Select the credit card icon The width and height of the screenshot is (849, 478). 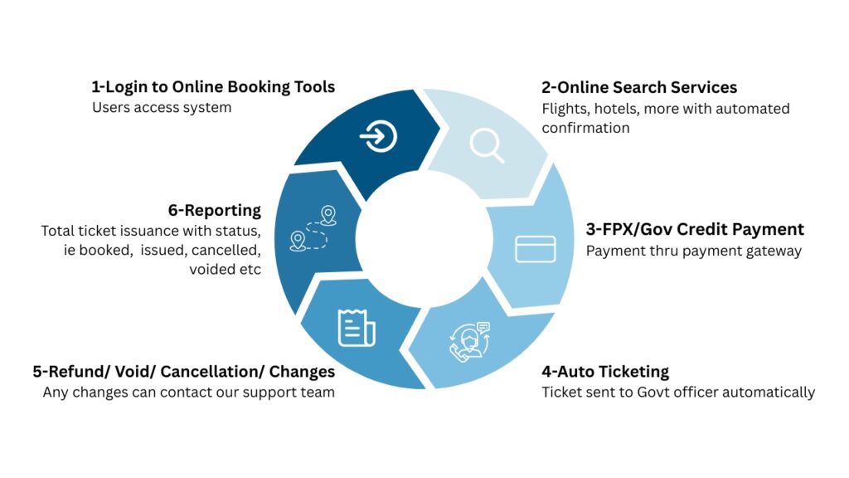(x=535, y=249)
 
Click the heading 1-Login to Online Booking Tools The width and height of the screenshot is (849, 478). (x=213, y=87)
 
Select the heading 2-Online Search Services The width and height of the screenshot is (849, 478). (x=639, y=87)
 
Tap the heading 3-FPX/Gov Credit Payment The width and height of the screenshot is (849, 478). (x=695, y=230)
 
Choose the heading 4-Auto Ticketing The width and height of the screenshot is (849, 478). (x=605, y=371)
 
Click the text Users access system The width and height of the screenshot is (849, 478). (x=162, y=108)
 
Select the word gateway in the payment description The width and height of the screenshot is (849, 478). (x=774, y=251)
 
